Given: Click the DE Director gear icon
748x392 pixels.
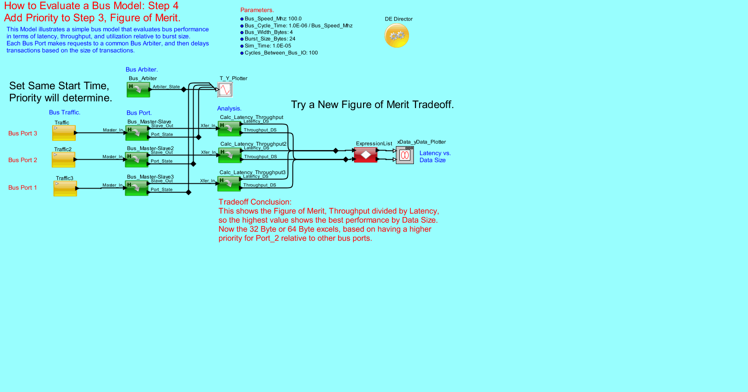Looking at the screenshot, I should (397, 35).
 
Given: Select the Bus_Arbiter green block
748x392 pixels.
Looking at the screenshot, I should (138, 89).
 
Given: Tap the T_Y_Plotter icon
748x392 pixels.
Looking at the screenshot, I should (225, 90).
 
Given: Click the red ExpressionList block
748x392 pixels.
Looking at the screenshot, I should (365, 155).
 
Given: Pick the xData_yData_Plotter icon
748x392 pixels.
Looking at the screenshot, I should (405, 155).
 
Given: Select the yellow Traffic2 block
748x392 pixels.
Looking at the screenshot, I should (64, 160).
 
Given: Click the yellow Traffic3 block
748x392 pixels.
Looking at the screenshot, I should (65, 189).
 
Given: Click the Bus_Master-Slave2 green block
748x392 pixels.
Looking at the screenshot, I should (137, 160).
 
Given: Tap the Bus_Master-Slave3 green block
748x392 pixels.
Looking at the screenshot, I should (137, 188).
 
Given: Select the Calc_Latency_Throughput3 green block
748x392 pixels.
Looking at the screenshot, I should (229, 184).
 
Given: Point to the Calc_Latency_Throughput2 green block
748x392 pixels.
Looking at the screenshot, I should (229, 155).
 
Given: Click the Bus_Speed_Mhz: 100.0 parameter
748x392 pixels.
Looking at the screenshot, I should (273, 19).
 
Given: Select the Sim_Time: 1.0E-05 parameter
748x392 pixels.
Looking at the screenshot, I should (268, 46).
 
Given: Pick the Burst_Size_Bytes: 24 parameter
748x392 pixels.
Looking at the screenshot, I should (270, 39).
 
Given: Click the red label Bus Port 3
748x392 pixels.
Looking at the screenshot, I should (23, 133).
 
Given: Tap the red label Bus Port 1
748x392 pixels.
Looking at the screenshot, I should (23, 188).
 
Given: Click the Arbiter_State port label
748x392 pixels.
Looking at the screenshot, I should (166, 87).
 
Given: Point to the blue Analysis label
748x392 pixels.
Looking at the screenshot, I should (229, 108).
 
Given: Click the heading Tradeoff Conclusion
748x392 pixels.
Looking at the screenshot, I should (255, 202).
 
